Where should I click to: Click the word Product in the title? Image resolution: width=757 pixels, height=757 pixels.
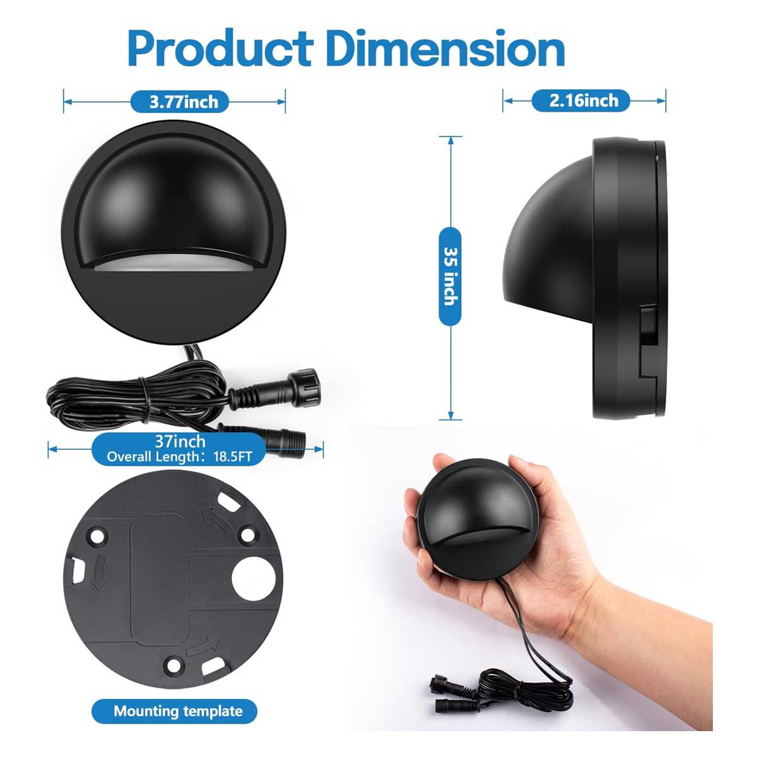(221, 49)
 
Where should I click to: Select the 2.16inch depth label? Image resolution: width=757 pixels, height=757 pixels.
(584, 100)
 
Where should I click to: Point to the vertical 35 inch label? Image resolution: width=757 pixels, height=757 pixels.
(450, 276)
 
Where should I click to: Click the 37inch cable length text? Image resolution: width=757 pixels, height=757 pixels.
(180, 442)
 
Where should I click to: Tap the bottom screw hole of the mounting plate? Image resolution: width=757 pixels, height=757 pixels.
(172, 666)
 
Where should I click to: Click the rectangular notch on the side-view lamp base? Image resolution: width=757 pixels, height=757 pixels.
(646, 341)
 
